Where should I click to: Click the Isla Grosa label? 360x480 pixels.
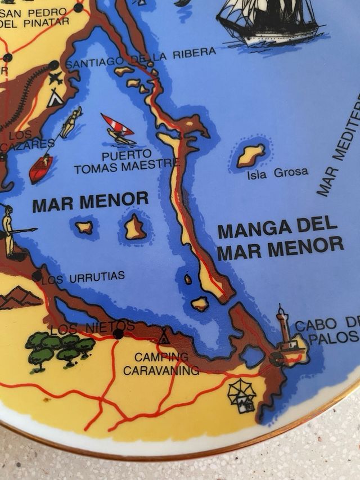277,173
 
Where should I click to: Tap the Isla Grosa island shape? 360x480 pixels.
250,155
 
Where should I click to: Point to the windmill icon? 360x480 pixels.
242,395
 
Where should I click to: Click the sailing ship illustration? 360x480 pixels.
269,21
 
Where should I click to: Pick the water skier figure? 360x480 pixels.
71,123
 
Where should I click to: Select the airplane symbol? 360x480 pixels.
55,78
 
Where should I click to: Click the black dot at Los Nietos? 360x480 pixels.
118,334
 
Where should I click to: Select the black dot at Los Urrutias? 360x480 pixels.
37,276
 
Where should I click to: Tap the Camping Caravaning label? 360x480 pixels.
161,364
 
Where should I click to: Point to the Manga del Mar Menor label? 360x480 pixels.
280,239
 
